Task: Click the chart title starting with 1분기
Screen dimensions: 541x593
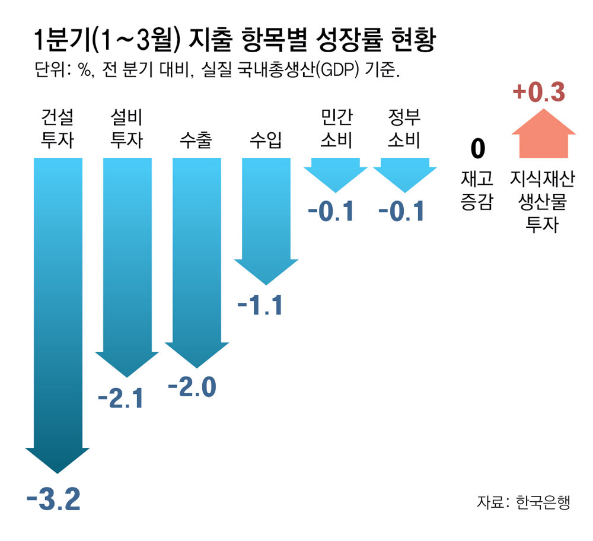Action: tap(235, 40)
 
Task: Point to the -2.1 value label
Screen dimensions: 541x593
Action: tap(120, 399)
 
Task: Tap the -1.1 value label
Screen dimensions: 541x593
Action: tap(260, 306)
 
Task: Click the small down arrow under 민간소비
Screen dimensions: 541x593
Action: tap(336, 173)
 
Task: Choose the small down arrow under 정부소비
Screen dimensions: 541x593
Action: tap(404, 173)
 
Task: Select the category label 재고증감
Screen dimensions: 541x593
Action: tap(477, 190)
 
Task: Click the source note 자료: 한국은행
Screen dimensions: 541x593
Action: tap(523, 501)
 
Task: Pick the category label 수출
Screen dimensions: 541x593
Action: tap(196, 141)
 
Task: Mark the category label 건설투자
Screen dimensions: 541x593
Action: tap(58, 129)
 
